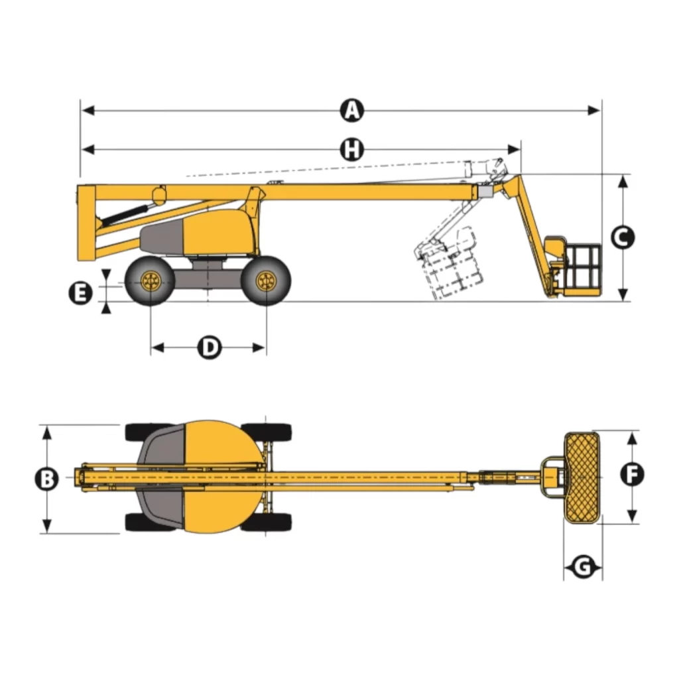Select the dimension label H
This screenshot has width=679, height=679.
point(352,150)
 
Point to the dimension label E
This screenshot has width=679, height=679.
point(81,292)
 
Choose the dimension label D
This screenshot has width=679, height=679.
point(210,347)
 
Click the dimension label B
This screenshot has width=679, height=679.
point(46,479)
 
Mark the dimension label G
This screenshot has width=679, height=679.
point(583,568)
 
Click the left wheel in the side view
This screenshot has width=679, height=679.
point(151,281)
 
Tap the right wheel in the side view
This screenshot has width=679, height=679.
point(266,281)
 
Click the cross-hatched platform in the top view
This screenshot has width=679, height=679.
point(582,473)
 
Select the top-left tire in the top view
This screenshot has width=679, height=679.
point(143,432)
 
